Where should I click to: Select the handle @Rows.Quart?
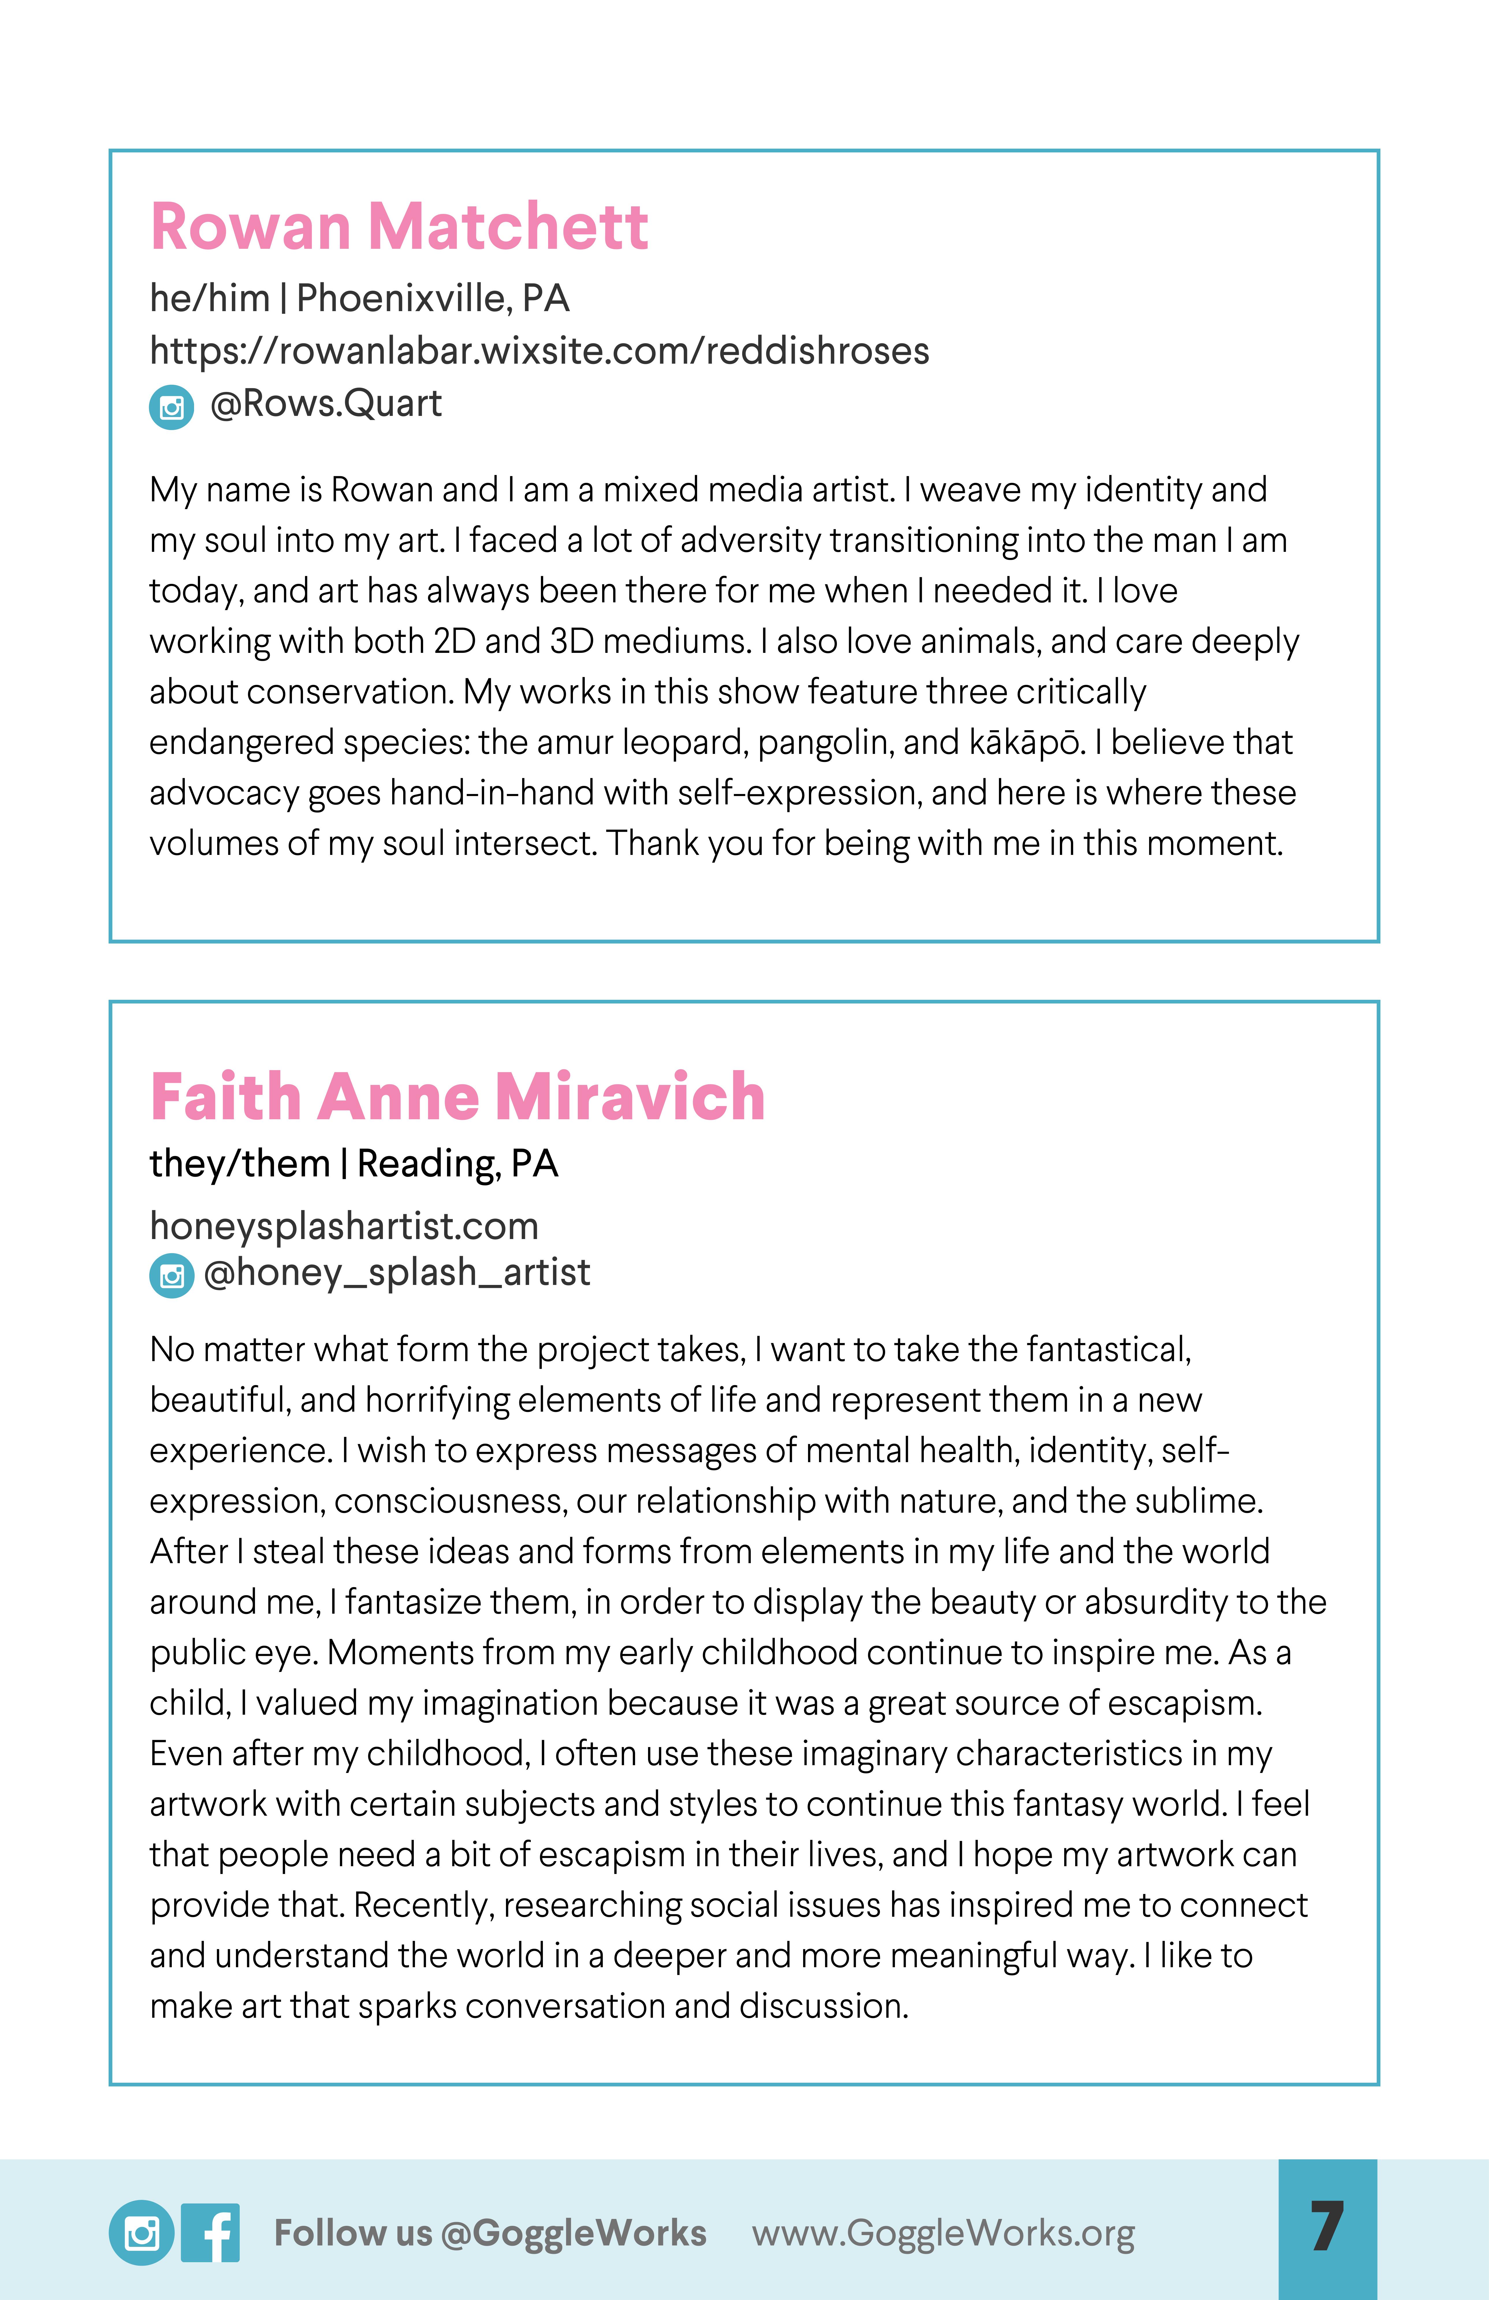(x=326, y=404)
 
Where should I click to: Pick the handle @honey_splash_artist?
(x=397, y=1273)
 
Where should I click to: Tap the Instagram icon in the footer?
(x=141, y=2233)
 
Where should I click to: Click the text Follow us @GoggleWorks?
(x=490, y=2233)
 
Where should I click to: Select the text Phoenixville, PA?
(x=432, y=299)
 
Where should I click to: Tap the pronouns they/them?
(x=239, y=1163)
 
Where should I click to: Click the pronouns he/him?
(x=209, y=299)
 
